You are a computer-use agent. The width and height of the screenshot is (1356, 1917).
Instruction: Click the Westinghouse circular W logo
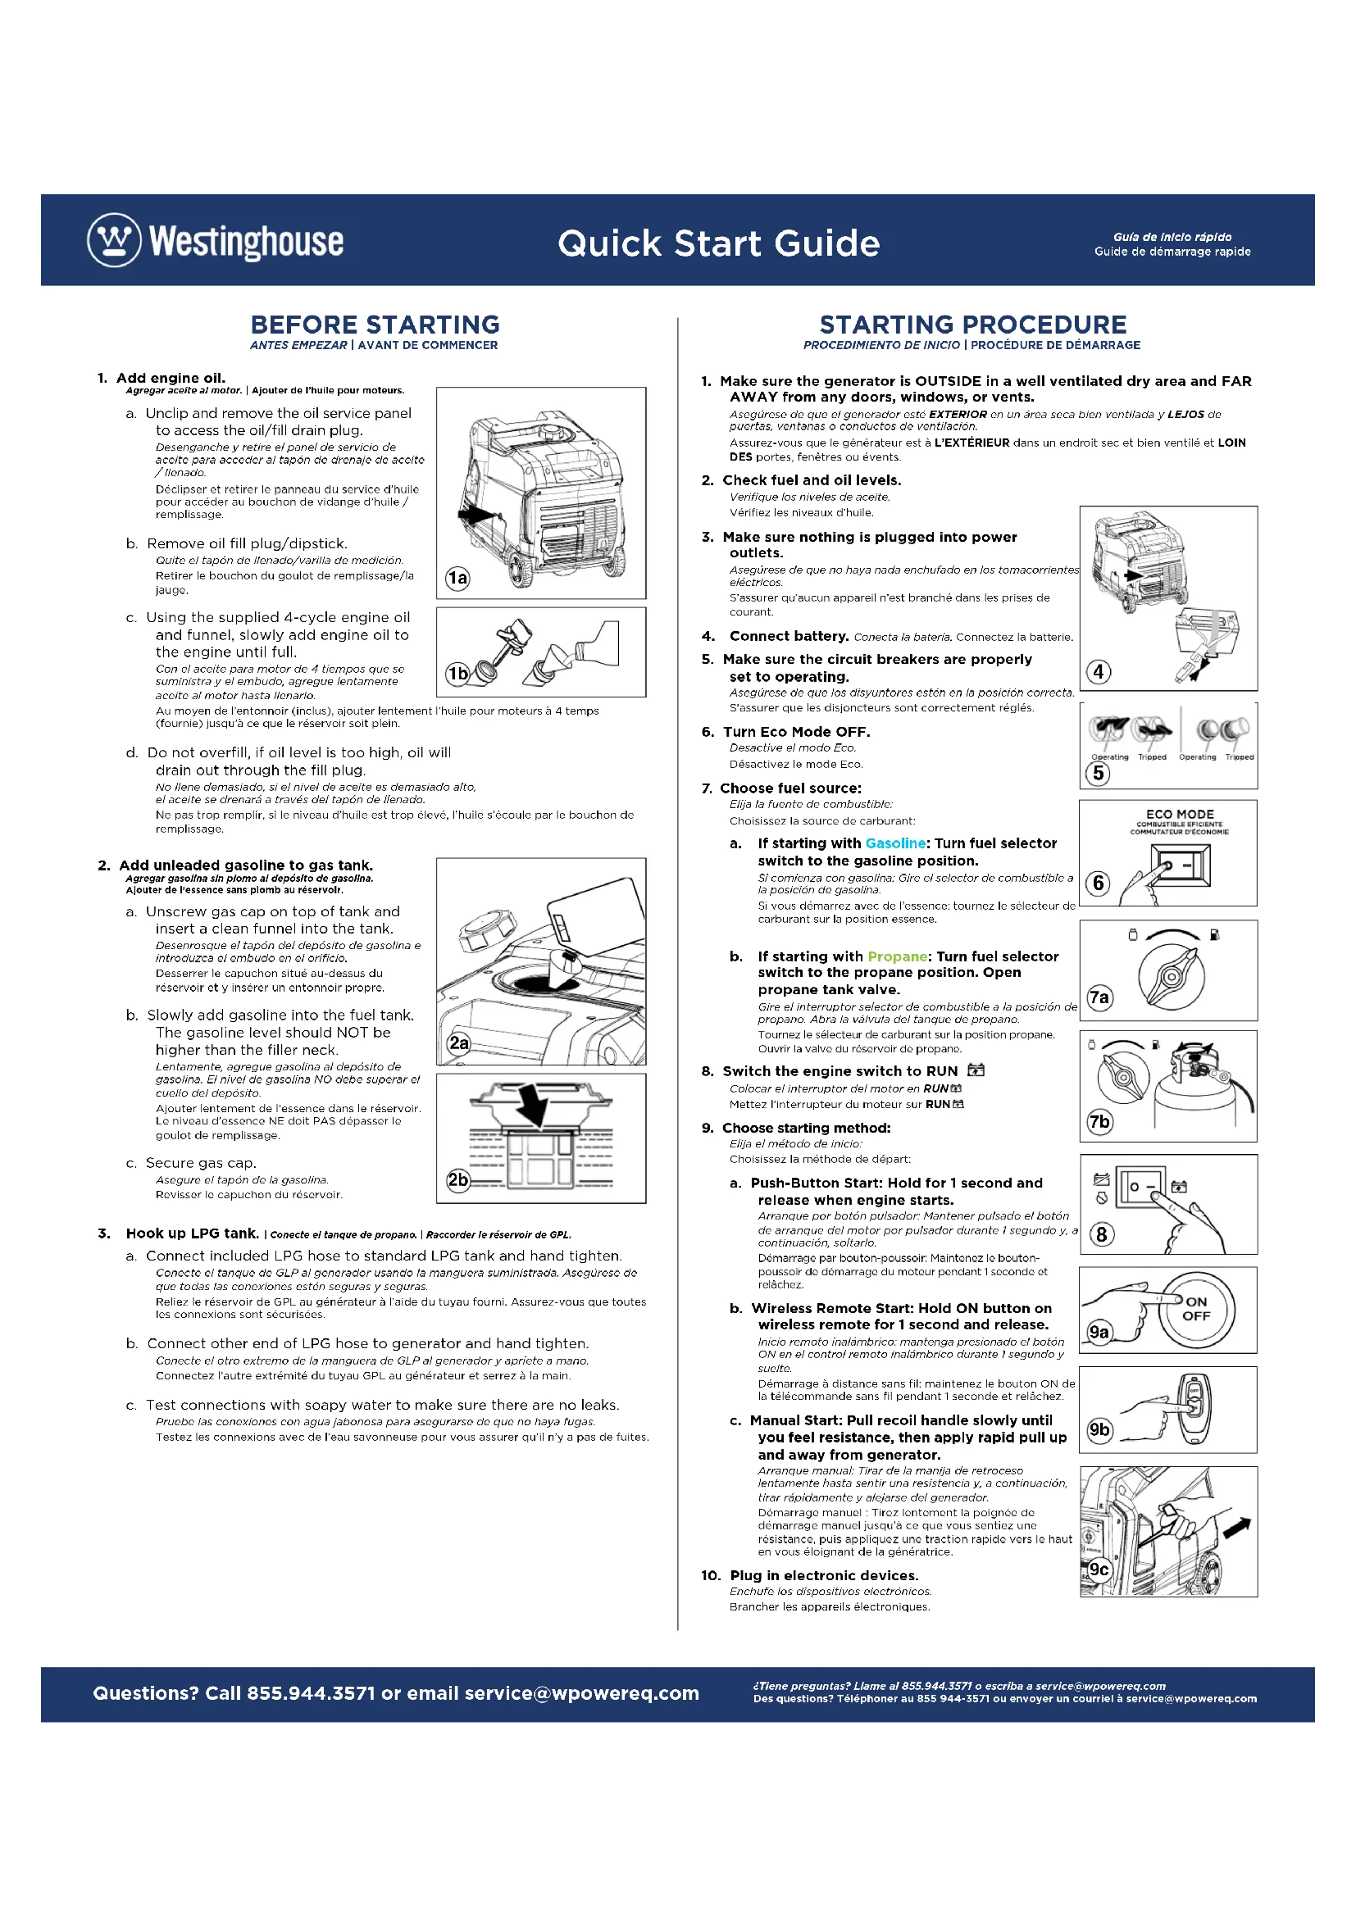[x=115, y=240]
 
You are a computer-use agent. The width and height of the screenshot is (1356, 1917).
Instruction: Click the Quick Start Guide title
[x=718, y=243]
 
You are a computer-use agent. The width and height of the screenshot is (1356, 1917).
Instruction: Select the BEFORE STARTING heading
[x=375, y=324]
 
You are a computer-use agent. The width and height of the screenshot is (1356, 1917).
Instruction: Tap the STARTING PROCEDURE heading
[x=973, y=324]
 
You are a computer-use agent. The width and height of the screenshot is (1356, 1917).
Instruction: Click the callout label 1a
[x=457, y=578]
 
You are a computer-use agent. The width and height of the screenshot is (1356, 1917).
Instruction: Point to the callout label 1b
[x=457, y=673]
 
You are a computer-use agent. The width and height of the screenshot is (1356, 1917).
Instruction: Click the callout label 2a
[x=459, y=1043]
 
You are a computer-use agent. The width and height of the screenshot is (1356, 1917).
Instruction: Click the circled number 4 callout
[x=1099, y=671]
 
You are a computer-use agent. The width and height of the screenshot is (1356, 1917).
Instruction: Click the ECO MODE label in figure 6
[x=1180, y=814]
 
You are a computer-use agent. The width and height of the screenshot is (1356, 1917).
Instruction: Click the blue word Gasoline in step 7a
[x=895, y=843]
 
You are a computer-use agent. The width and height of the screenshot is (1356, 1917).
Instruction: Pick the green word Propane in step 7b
[x=898, y=956]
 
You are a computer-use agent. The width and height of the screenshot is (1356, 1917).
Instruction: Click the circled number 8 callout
[x=1102, y=1234]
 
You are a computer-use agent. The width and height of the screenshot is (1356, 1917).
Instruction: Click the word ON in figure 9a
[x=1196, y=1301]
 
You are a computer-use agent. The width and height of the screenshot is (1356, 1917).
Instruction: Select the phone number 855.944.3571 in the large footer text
[x=311, y=1693]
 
